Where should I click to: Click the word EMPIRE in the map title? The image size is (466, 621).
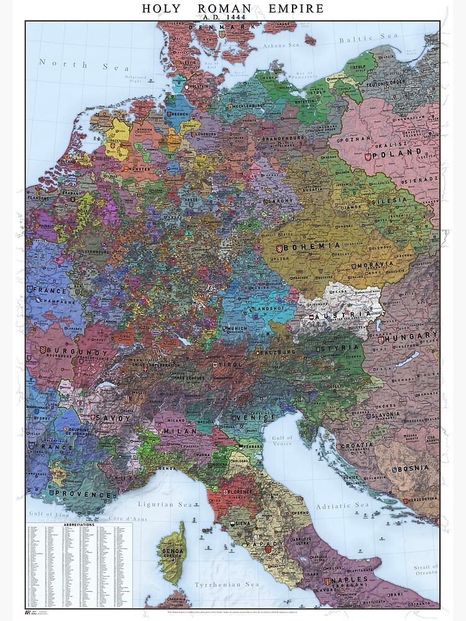(296, 9)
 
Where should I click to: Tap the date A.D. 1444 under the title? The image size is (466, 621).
(233, 18)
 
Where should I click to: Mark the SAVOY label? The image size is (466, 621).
(112, 418)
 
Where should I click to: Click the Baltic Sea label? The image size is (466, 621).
(368, 37)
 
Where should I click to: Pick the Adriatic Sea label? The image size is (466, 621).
(342, 505)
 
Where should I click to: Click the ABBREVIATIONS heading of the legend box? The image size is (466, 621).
(79, 525)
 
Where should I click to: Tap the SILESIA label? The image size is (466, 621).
(389, 201)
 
